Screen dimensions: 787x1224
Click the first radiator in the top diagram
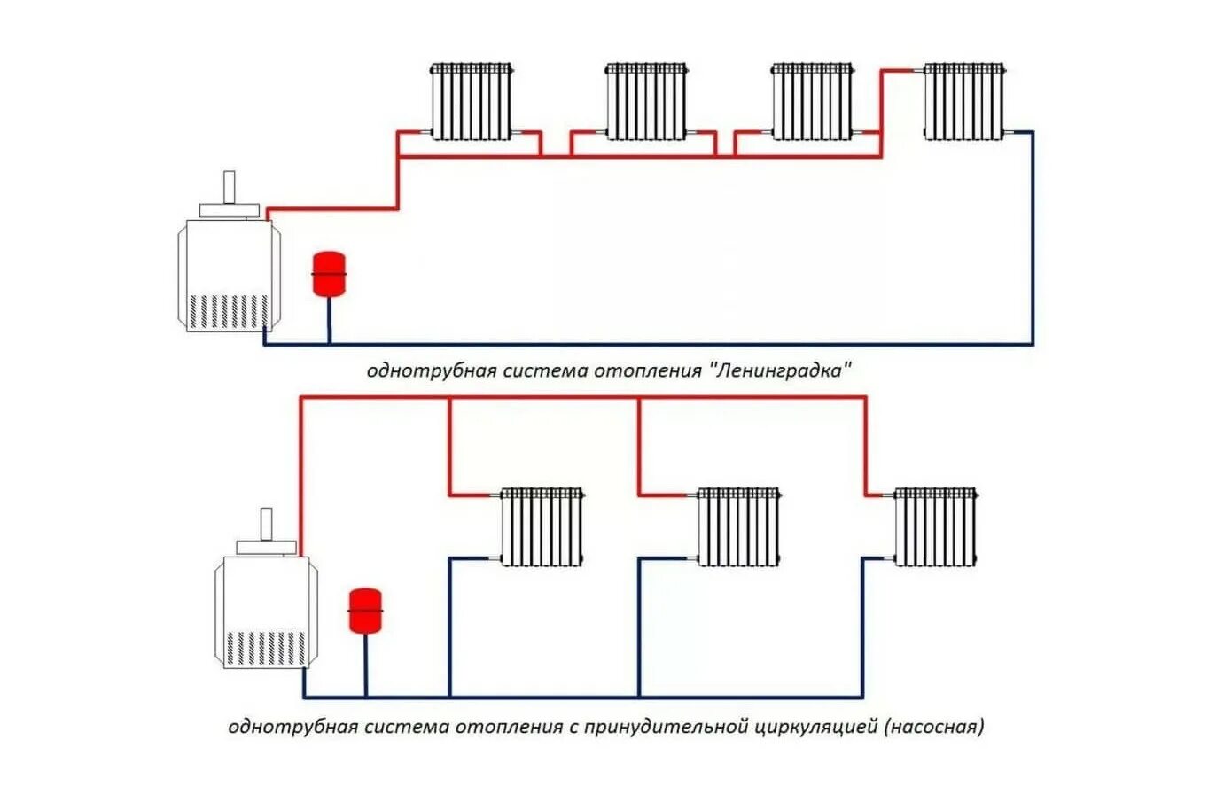click(x=472, y=101)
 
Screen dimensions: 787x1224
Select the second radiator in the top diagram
click(x=646, y=101)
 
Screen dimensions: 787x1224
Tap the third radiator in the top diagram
click(x=812, y=101)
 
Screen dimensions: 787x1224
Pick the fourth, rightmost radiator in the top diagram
click(x=964, y=101)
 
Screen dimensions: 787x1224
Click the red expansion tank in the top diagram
click(x=329, y=274)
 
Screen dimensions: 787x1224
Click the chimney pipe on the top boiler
click(x=230, y=187)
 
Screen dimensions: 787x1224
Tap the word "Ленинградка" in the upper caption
click(x=779, y=370)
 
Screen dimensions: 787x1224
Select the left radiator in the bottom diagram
click(x=542, y=526)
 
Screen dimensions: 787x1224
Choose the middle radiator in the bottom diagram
click(x=738, y=526)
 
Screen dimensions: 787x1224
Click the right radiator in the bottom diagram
click(x=935, y=526)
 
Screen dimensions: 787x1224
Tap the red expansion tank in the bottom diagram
click(x=365, y=611)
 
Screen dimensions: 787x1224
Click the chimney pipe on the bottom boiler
click(x=266, y=524)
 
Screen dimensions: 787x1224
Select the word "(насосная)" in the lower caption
click(x=934, y=728)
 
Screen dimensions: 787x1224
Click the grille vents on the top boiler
click(x=229, y=310)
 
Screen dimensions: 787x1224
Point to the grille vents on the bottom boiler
click(x=266, y=648)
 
